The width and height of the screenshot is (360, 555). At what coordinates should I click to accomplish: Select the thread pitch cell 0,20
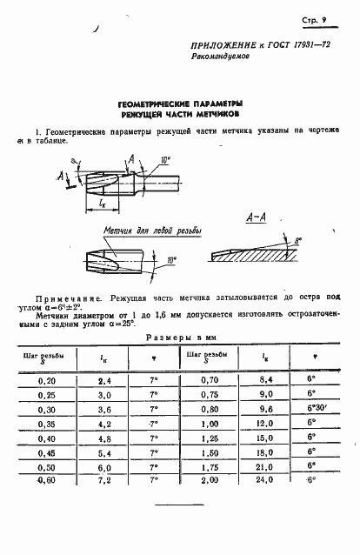(42, 381)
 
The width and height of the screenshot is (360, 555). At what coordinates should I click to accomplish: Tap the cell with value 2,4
(104, 381)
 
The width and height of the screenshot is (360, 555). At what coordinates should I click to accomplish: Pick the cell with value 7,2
(104, 479)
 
